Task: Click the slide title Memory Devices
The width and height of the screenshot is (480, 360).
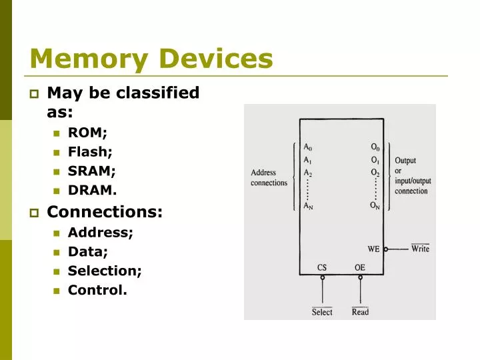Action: coord(151,59)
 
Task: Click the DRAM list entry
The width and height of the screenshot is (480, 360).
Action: coord(92,191)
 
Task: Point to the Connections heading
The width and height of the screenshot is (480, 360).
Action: coord(105,213)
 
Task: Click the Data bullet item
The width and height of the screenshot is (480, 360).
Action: coord(88,251)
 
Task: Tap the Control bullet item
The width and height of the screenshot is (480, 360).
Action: coord(97,290)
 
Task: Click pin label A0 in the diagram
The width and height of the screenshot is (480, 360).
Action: coord(307,147)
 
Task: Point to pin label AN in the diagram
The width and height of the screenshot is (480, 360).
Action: coord(308,206)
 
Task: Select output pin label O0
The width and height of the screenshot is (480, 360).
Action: coord(377,147)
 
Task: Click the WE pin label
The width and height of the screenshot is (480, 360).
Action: coord(374,249)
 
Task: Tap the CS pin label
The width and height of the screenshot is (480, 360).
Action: coord(322,267)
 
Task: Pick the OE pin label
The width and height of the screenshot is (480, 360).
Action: coord(360,267)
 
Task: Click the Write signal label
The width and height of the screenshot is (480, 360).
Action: coord(420,249)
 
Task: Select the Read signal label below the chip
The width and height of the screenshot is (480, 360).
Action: coord(360,312)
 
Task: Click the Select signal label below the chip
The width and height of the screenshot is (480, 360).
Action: coord(322,312)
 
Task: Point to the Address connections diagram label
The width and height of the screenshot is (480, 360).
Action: coord(269,178)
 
